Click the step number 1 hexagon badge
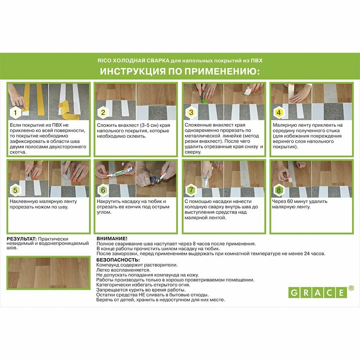15,112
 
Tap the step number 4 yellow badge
279,112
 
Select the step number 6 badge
103,190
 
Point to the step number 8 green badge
279,190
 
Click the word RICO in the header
104,60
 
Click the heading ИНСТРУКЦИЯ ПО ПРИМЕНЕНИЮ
180,71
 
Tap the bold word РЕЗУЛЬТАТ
22,239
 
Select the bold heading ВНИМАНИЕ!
112,239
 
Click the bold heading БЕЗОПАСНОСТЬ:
118,260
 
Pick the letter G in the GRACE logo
294,293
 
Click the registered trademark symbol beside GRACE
351,288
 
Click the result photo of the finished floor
49,273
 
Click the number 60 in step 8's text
290,201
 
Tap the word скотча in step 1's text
18,152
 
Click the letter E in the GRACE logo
341,293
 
